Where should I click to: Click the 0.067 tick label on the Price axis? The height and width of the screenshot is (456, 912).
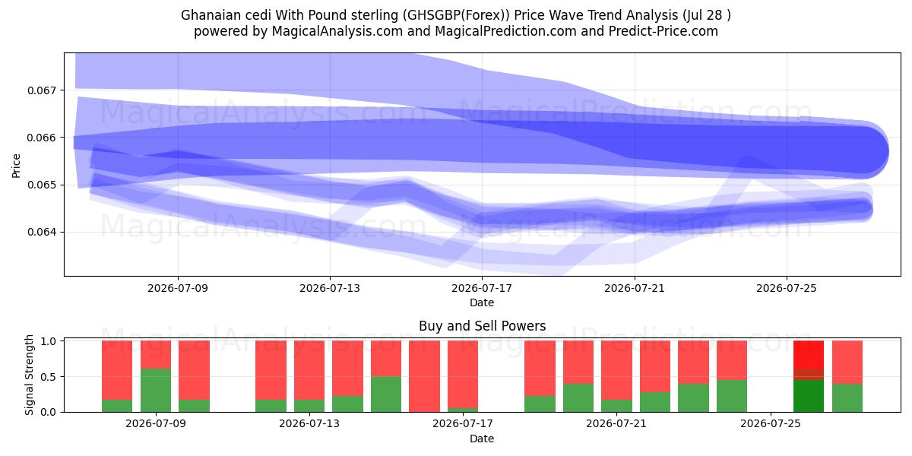40,90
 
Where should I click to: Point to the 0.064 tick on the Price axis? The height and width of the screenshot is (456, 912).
40,232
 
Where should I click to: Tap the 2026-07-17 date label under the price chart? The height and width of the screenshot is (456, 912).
482,288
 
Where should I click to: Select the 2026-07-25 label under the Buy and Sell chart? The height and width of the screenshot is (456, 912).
771,423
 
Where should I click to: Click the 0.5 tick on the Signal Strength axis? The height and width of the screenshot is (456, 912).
49,377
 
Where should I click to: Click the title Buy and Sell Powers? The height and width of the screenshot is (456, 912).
482,326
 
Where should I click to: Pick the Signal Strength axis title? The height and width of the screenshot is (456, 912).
29,375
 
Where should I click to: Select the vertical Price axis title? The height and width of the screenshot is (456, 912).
16,166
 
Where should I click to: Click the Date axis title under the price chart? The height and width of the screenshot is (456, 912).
482,302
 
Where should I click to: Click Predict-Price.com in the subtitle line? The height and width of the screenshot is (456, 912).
663,31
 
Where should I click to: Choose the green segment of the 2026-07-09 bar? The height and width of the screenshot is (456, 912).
156,390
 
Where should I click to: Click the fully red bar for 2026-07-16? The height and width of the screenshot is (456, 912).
424,376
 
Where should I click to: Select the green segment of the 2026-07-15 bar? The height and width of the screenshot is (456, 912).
386,394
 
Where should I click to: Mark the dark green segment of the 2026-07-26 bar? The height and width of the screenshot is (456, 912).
809,396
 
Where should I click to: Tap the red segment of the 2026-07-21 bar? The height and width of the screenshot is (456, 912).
616,370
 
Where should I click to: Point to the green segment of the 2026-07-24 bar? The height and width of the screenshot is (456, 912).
732,396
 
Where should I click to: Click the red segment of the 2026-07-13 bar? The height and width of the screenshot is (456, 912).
309,370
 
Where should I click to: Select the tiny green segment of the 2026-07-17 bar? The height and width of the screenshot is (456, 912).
463,410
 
